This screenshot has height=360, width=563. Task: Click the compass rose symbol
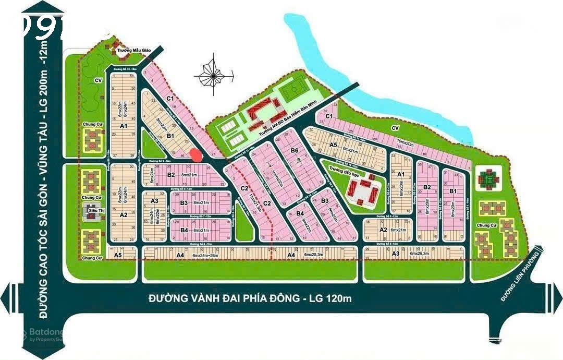(213, 75)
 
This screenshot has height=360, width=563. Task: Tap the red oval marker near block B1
(195, 155)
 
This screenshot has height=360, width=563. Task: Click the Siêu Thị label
(93, 210)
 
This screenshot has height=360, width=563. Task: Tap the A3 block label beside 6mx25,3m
(396, 254)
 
